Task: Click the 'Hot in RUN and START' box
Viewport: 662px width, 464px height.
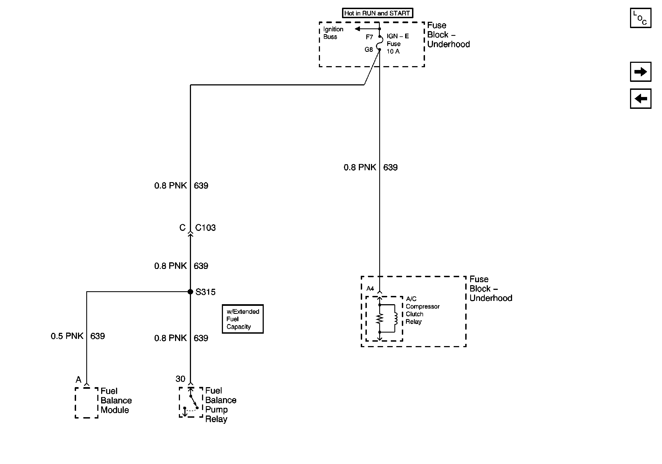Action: [377, 13]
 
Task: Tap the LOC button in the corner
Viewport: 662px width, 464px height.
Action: [641, 18]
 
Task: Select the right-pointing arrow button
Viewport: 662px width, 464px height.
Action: [641, 72]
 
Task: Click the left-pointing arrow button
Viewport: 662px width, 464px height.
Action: [641, 99]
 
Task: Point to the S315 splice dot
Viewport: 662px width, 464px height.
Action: [190, 292]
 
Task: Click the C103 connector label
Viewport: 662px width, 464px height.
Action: [205, 228]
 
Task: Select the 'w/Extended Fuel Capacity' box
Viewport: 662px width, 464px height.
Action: [243, 319]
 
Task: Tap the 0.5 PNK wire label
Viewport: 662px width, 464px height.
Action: [67, 336]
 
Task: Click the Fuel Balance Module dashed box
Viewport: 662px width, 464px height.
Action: [87, 403]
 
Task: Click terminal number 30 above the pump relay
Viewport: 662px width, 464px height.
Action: [180, 379]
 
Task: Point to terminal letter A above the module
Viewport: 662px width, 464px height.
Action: [79, 380]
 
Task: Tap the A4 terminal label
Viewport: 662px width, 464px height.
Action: [370, 288]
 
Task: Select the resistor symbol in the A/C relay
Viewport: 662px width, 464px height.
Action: [380, 319]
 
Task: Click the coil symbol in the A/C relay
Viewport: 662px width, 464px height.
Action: [396, 319]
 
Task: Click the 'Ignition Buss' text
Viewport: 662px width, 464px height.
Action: [333, 33]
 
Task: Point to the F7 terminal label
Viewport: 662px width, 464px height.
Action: [369, 37]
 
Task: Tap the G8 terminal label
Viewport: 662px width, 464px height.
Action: [368, 50]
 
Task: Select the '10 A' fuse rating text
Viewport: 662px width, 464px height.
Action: [393, 52]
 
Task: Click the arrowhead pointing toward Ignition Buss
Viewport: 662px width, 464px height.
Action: [357, 29]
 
